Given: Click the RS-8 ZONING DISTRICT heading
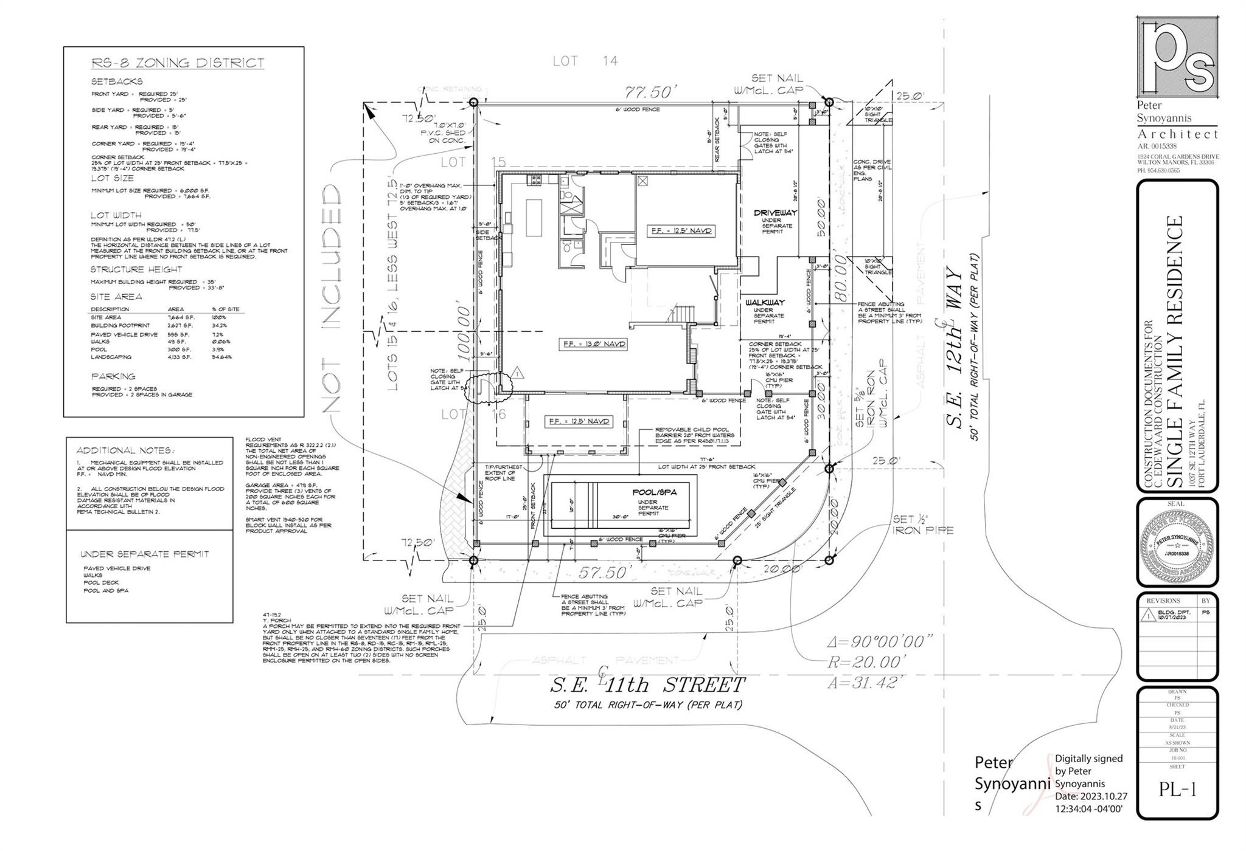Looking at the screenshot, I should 178,63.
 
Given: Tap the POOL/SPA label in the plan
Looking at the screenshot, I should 654,492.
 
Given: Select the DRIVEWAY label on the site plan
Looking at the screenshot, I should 775,213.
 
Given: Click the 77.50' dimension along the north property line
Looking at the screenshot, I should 650,92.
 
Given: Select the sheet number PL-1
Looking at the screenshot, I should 1177,790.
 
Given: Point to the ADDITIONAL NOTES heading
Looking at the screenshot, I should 125,450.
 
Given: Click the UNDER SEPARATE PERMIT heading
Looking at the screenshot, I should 144,554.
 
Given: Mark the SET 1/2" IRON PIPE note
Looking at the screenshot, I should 922,525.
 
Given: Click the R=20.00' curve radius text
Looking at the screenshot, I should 867,662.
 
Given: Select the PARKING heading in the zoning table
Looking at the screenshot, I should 113,376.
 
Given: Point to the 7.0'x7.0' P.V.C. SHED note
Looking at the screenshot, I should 442,133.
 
